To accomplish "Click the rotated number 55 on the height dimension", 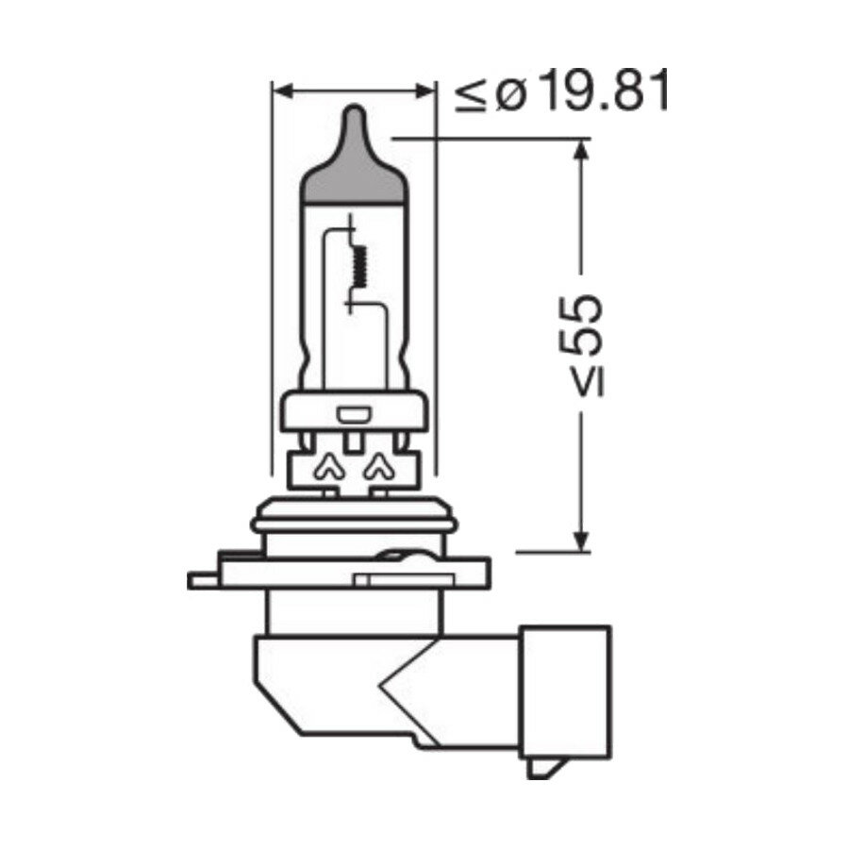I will [582, 323].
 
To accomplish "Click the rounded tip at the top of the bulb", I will [354, 117].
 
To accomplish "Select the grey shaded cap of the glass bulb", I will [354, 175].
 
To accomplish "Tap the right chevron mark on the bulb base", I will [379, 463].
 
